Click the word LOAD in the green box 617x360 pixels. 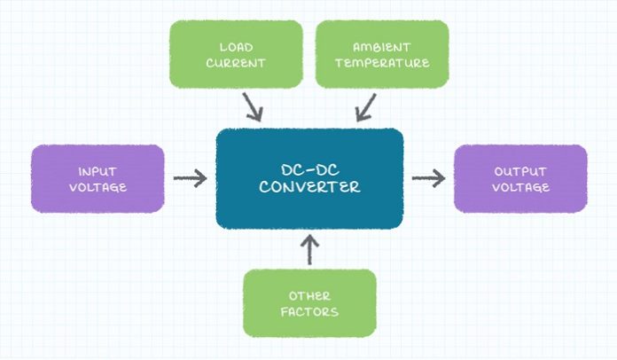pos(236,47)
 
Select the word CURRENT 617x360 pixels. pos(236,63)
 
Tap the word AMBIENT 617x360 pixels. pos(382,47)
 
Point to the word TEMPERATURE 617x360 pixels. pos(382,63)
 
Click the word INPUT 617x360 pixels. pos(98,171)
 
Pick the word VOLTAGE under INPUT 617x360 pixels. pos(98,187)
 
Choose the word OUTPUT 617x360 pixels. pos(520,171)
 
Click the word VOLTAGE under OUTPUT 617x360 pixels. pos(520,187)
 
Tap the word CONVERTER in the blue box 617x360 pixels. pos(309,187)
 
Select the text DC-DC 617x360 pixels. pos(310,170)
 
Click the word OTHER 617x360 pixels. pos(309,296)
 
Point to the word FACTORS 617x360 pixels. pos(309,312)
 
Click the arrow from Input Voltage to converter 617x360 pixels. pos(191,178)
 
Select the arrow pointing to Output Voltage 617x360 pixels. pos(428,178)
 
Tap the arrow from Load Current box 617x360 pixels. pos(253,106)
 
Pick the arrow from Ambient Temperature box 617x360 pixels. pos(366,107)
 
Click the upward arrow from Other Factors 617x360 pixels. pos(309,250)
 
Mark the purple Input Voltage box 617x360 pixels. pos(98,178)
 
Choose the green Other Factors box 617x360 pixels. pos(309,303)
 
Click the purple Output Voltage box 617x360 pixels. pos(520,178)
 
